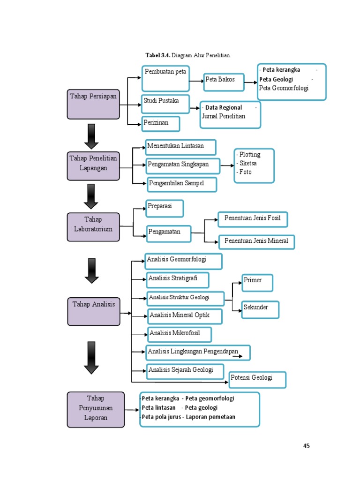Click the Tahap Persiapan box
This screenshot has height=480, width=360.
93,104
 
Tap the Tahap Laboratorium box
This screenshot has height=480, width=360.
93,227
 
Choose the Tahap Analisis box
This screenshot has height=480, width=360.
93,311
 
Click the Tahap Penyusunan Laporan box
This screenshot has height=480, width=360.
96,409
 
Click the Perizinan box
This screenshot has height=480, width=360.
160,124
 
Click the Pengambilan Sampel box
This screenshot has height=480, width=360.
182,184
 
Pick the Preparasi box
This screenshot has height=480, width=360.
164,208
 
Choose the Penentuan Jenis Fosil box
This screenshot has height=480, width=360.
252,219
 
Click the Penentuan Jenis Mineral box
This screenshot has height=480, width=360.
256,242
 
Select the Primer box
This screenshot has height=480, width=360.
257,282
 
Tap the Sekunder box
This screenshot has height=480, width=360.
260,309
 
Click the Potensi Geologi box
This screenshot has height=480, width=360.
257,380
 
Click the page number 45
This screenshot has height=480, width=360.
307,446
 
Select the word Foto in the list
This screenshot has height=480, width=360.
245,172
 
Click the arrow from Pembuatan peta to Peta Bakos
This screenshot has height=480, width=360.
195,81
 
